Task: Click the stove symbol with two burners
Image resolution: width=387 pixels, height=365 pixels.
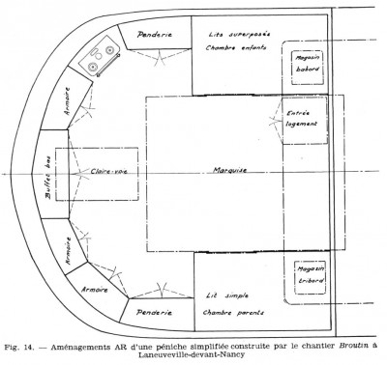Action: coord(97,61)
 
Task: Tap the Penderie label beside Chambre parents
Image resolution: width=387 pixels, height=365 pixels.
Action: coord(155,313)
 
